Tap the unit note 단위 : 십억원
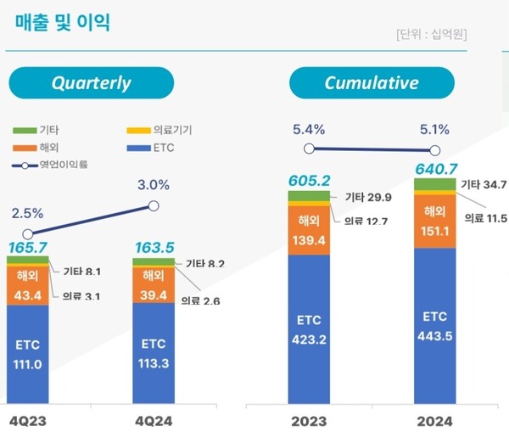click(432, 34)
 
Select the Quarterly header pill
click(91, 82)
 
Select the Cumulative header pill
click(372, 82)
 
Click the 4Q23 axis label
click(27, 420)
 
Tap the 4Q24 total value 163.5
click(154, 248)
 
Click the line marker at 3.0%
click(154, 205)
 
